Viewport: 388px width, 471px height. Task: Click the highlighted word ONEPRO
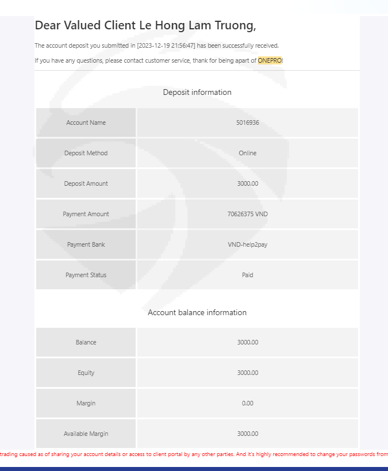click(x=270, y=60)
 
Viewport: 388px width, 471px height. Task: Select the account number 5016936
click(x=247, y=122)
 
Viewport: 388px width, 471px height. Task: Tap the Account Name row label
click(x=86, y=122)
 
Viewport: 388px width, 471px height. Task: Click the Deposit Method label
click(x=86, y=153)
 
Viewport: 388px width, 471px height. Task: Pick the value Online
click(x=247, y=153)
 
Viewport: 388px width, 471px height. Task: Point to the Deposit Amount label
click(x=86, y=183)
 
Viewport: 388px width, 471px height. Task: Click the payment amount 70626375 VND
click(x=247, y=214)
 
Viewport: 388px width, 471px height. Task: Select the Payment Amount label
click(x=86, y=214)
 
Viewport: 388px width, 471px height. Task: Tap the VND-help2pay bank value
click(x=247, y=244)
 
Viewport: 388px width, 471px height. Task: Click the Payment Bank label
click(x=86, y=244)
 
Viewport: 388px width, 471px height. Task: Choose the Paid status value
click(x=247, y=275)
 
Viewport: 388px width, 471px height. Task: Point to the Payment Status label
click(x=86, y=275)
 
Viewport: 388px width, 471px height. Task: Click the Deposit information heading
click(x=197, y=92)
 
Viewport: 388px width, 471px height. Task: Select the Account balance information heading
click(x=197, y=312)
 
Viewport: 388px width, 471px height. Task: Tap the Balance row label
click(x=86, y=342)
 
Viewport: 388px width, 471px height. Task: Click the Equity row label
click(x=86, y=373)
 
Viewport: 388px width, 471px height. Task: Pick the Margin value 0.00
click(x=247, y=403)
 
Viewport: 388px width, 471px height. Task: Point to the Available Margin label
click(x=86, y=434)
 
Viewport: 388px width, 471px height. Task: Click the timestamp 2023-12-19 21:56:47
click(x=166, y=45)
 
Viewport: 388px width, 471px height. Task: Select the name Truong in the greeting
click(x=231, y=25)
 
